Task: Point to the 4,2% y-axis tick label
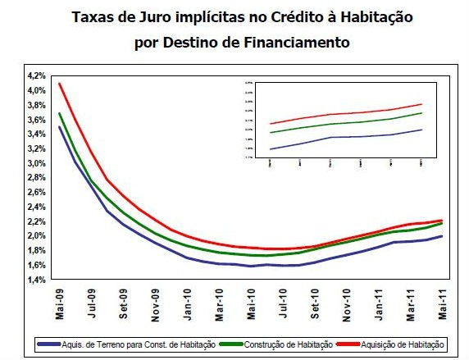tap(36, 75)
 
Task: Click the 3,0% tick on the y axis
tap(36, 163)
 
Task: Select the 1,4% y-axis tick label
tap(36, 280)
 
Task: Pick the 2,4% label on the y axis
tap(36, 207)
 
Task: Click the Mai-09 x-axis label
tap(60, 303)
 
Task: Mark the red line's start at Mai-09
tap(59, 84)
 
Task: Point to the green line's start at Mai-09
tap(59, 113)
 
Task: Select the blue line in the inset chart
tap(344, 137)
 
